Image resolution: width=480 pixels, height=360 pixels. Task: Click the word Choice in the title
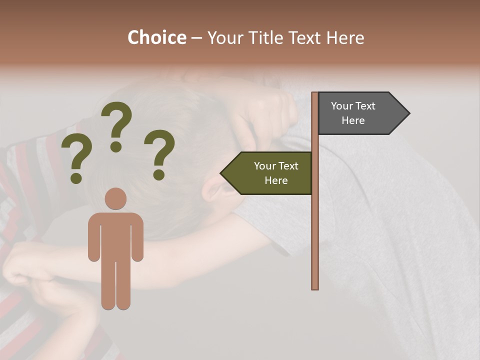point(156,37)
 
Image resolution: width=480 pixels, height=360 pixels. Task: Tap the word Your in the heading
point(228,37)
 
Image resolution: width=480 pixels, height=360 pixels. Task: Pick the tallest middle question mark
point(116,125)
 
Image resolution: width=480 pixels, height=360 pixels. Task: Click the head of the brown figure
point(115,199)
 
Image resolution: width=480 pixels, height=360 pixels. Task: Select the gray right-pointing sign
point(357,113)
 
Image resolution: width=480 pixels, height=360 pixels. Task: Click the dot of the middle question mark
point(116,146)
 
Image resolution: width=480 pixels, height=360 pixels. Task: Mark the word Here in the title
point(345,37)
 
